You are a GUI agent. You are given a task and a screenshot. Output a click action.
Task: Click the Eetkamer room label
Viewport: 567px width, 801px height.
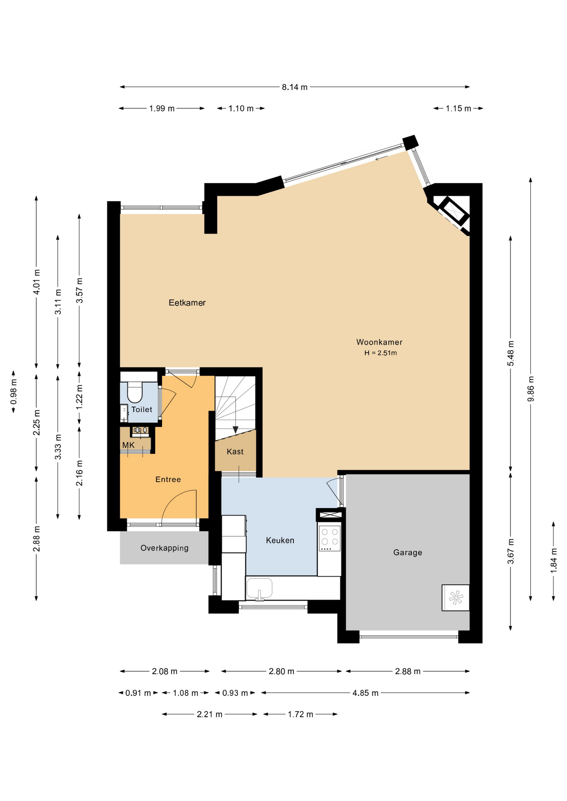(x=187, y=303)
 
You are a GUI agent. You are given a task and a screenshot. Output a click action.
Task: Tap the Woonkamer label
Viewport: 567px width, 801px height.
(x=379, y=342)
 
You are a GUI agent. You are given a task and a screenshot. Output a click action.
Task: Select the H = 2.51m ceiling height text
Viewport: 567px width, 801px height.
(x=380, y=353)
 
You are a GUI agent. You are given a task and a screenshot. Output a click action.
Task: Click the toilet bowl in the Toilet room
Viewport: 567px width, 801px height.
(x=134, y=392)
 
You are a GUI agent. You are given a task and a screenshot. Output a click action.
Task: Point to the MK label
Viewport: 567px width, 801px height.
(x=128, y=445)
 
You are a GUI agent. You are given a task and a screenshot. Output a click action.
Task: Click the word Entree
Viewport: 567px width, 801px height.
(x=168, y=480)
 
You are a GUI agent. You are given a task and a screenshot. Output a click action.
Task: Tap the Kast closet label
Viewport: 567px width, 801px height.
(x=235, y=452)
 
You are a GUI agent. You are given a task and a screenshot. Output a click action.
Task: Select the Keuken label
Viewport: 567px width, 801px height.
(x=280, y=541)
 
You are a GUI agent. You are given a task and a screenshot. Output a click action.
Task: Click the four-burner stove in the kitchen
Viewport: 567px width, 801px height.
(x=330, y=538)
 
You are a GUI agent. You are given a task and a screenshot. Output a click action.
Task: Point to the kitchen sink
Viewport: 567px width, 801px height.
(x=259, y=588)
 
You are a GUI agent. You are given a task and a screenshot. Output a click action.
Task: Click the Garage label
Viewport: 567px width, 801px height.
(x=408, y=553)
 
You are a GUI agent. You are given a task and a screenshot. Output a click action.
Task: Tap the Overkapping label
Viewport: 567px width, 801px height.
(x=165, y=548)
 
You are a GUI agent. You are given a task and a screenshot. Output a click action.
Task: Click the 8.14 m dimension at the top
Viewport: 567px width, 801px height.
(x=295, y=87)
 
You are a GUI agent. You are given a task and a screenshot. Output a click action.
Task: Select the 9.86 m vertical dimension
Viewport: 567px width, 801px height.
(x=531, y=389)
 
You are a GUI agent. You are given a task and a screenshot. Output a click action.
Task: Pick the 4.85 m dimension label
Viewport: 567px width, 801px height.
(x=365, y=693)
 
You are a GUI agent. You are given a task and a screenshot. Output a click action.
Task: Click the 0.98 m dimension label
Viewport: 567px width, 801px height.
(x=14, y=392)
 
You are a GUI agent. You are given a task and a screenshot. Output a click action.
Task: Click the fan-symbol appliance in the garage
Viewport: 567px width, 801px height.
(x=456, y=598)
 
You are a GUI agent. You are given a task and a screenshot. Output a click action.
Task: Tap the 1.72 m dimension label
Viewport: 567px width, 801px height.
(x=300, y=715)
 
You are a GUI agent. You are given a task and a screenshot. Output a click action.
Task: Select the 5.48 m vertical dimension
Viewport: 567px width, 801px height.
(x=511, y=354)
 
